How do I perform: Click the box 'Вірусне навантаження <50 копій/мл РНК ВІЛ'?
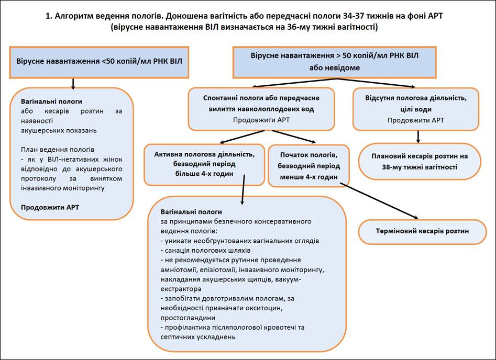pyautogui.click(x=100, y=61)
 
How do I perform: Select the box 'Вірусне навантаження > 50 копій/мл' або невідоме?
pyautogui.click(x=335, y=61)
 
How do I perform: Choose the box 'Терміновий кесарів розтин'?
pyautogui.click(x=423, y=231)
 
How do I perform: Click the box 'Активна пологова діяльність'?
pyautogui.click(x=204, y=164)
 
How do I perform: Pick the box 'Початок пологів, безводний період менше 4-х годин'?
pyautogui.click(x=308, y=165)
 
